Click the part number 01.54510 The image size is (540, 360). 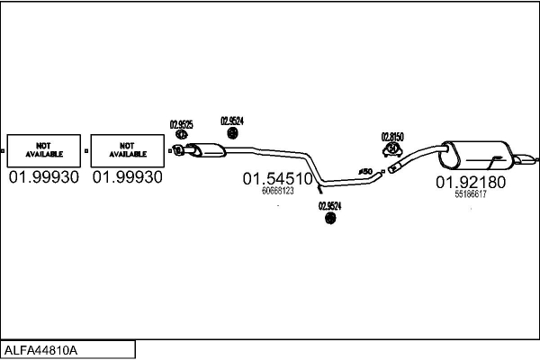277,179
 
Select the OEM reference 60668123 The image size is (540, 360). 278,191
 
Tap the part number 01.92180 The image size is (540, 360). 471,182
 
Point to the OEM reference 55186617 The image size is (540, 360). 471,194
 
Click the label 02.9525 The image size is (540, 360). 182,124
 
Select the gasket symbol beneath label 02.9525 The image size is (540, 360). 181,134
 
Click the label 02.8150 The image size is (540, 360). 392,137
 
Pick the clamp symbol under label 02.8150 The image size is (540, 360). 392,150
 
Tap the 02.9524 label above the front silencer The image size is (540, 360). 232,121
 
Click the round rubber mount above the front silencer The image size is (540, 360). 233,133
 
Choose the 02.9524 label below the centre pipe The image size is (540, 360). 330,206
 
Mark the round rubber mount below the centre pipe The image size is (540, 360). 330,218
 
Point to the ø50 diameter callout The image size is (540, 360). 365,171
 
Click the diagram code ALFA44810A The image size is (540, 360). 40,350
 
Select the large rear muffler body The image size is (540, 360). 475,156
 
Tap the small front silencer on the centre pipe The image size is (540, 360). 207,150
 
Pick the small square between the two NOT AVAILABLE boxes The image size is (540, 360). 86,151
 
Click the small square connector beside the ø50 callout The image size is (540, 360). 383,171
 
